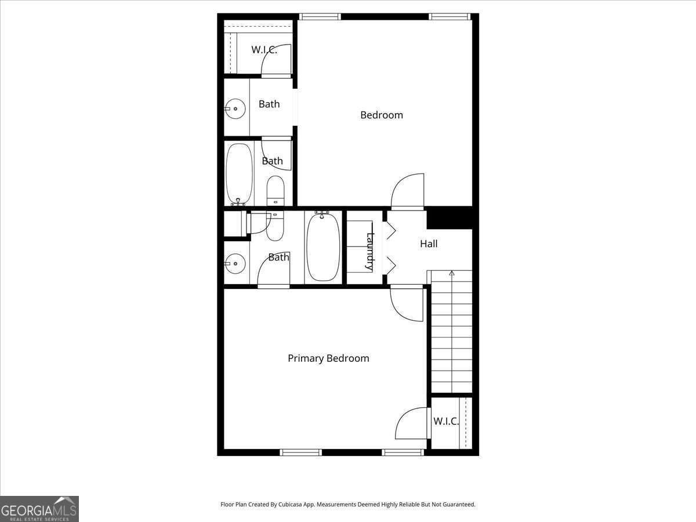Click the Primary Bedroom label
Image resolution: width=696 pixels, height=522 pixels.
(x=328, y=358)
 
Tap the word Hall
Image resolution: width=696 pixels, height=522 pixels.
(x=429, y=244)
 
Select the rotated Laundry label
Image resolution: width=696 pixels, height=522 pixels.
(x=369, y=251)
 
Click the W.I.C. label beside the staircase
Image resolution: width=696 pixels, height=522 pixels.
(x=446, y=421)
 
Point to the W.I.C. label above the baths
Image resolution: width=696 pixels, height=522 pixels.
(x=264, y=50)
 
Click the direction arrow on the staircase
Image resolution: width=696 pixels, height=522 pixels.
(x=452, y=274)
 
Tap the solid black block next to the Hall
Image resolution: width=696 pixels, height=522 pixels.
(x=450, y=218)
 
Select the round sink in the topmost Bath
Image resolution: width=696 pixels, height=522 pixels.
(x=235, y=108)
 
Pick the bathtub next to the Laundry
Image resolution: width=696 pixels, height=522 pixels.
(x=323, y=247)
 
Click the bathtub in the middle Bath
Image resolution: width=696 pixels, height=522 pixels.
(x=239, y=173)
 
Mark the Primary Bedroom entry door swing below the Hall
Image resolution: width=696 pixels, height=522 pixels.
(x=406, y=303)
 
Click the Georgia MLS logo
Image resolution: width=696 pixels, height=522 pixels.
(x=39, y=509)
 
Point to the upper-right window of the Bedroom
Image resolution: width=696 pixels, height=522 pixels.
(x=449, y=17)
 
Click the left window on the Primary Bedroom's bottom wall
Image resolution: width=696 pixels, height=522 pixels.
(x=300, y=452)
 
